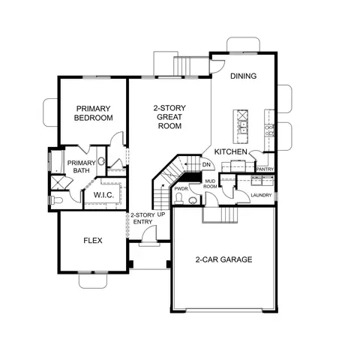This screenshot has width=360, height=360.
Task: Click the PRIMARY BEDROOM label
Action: (94, 112)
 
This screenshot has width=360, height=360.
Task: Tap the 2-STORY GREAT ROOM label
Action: (169, 117)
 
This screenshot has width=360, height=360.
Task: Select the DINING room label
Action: (244, 76)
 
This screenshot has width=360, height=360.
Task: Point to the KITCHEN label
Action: (231, 151)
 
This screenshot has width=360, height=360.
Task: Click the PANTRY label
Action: (265, 169)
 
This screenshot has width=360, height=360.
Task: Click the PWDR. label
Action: (181, 189)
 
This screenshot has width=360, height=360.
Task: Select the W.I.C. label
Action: (103, 196)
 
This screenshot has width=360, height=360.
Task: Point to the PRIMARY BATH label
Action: (81, 166)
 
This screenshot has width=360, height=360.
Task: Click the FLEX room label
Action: (92, 241)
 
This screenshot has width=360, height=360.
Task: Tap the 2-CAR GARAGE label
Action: (223, 259)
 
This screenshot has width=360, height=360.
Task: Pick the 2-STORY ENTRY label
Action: (142, 218)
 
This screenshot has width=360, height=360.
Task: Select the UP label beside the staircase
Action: (161, 214)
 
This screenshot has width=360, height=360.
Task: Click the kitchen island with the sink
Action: (243, 127)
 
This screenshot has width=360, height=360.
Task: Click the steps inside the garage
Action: (220, 215)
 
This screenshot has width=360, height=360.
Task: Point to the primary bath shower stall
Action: (58, 184)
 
